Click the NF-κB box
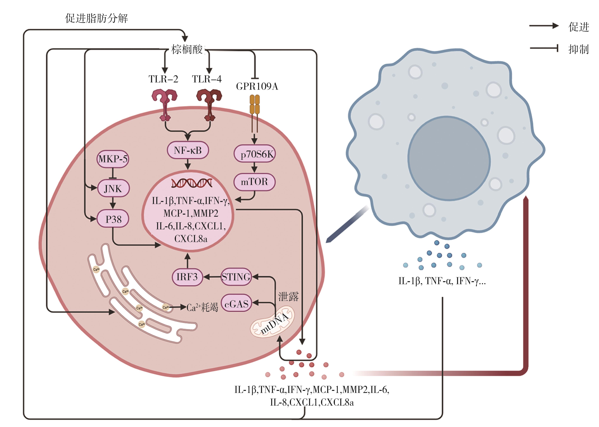(x=188, y=150)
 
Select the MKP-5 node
(x=113, y=159)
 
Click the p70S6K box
(x=254, y=154)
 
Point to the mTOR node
(x=254, y=182)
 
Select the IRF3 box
(x=187, y=277)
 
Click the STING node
(x=236, y=277)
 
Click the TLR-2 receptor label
(x=163, y=79)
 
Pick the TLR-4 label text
(x=207, y=79)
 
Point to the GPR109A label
(x=257, y=86)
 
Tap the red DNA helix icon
(x=192, y=183)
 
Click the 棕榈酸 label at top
(x=187, y=49)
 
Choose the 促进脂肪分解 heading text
(x=97, y=18)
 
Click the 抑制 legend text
(x=578, y=49)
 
